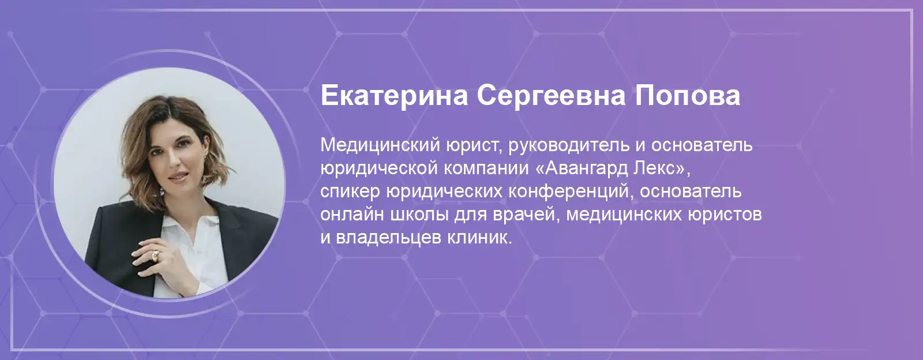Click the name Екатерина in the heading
click(x=395, y=96)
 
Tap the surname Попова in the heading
click(x=688, y=96)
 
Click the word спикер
click(x=350, y=192)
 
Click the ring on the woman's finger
click(x=155, y=256)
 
